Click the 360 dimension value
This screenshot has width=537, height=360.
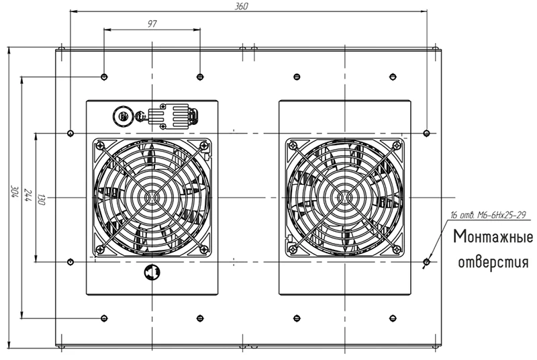pyautogui.click(x=242, y=7)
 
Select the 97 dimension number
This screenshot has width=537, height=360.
pyautogui.click(x=152, y=24)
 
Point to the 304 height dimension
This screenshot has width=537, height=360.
pyautogui.click(x=14, y=191)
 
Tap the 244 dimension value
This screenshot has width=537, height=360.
pyautogui.click(x=27, y=195)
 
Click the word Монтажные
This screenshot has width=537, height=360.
pyautogui.click(x=493, y=237)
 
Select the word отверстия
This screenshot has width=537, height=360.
pyautogui.click(x=493, y=263)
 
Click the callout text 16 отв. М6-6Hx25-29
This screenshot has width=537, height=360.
pyautogui.click(x=488, y=215)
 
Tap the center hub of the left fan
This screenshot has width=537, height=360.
pyautogui.click(x=152, y=197)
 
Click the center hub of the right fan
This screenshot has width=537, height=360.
pyautogui.click(x=344, y=197)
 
